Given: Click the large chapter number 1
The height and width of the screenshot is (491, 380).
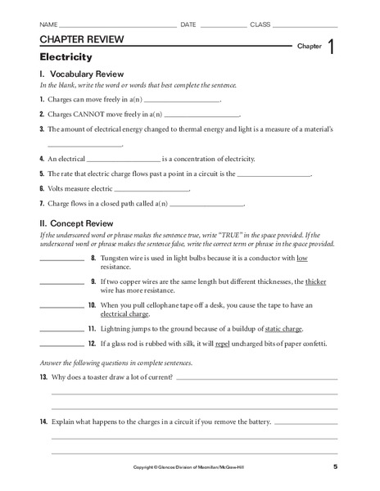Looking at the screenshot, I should click(x=330, y=47).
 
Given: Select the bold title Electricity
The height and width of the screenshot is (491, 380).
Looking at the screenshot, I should click(x=66, y=57).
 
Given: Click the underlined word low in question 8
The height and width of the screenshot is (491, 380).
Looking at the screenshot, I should click(x=301, y=258).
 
